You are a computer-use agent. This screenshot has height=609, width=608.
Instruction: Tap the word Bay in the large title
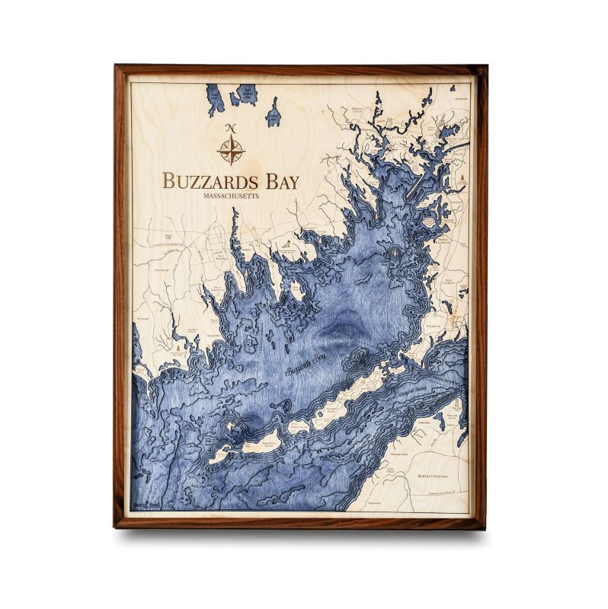(x=280, y=181)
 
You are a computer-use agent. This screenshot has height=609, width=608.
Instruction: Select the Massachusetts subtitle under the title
(x=231, y=196)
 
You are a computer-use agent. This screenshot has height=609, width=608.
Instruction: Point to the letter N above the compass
(x=231, y=127)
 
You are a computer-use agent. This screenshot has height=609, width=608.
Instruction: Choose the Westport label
(x=144, y=318)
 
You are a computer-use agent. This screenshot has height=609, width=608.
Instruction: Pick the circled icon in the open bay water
(x=395, y=251)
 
